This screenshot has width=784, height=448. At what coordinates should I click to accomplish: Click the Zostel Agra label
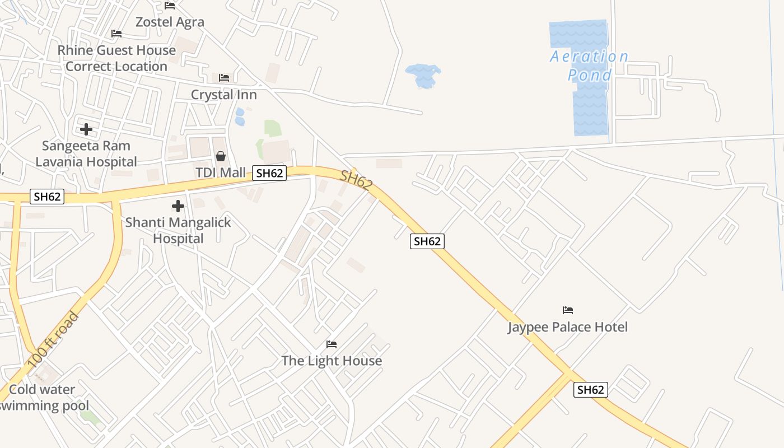[170, 22]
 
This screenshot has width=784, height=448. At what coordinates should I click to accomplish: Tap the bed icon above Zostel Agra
[170, 6]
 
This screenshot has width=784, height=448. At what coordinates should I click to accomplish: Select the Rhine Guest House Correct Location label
[116, 58]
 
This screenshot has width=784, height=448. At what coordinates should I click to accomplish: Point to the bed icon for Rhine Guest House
[116, 34]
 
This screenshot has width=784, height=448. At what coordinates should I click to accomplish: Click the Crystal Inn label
[224, 95]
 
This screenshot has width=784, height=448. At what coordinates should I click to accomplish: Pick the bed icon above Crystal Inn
[224, 77]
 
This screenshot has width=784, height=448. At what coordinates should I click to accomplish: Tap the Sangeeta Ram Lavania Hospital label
[86, 154]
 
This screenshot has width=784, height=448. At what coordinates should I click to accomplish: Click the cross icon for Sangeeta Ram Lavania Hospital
[86, 129]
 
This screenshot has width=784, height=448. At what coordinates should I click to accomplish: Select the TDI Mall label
[221, 172]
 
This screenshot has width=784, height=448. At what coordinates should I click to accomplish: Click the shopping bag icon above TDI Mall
[221, 156]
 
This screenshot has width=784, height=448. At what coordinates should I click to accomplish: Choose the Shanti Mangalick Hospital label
[178, 230]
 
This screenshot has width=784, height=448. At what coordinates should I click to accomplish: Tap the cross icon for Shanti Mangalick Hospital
[178, 206]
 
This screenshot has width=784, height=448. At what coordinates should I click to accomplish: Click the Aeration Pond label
[589, 66]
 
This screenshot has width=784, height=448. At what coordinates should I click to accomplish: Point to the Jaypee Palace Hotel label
[568, 327]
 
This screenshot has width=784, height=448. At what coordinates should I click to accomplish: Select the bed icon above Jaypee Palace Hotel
[568, 310]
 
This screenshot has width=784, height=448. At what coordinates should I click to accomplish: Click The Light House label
[332, 361]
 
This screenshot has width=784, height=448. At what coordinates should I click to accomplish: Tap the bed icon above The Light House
[332, 344]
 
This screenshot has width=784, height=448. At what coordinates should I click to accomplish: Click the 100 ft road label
[54, 340]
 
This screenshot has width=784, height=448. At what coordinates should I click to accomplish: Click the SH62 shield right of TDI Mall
[269, 173]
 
